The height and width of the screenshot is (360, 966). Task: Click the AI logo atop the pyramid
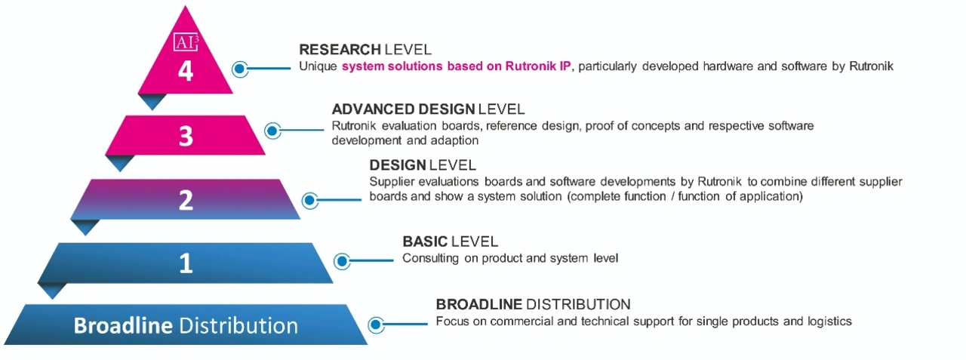pos(186,42)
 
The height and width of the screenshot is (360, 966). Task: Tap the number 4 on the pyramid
pos(186,71)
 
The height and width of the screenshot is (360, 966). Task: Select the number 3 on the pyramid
pos(186,137)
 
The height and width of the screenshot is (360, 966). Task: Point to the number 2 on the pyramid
pos(186,200)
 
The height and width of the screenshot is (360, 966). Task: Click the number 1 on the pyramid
pos(186,263)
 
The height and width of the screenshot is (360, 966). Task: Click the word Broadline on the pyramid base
pos(123,325)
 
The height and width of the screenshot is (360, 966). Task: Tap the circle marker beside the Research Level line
pos(240,69)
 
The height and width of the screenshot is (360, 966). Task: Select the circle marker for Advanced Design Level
pos(272,131)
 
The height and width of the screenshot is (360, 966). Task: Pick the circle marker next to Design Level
pos(309,201)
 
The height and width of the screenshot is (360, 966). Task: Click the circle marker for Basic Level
pos(342,261)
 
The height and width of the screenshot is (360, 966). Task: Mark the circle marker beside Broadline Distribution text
pos(376,325)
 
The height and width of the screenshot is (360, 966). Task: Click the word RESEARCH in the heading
pos(340,50)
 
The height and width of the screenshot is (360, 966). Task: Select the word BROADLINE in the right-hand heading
pos(479,304)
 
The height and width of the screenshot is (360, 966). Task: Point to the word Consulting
pos(430,259)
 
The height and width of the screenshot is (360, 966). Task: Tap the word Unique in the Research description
pos(318,67)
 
